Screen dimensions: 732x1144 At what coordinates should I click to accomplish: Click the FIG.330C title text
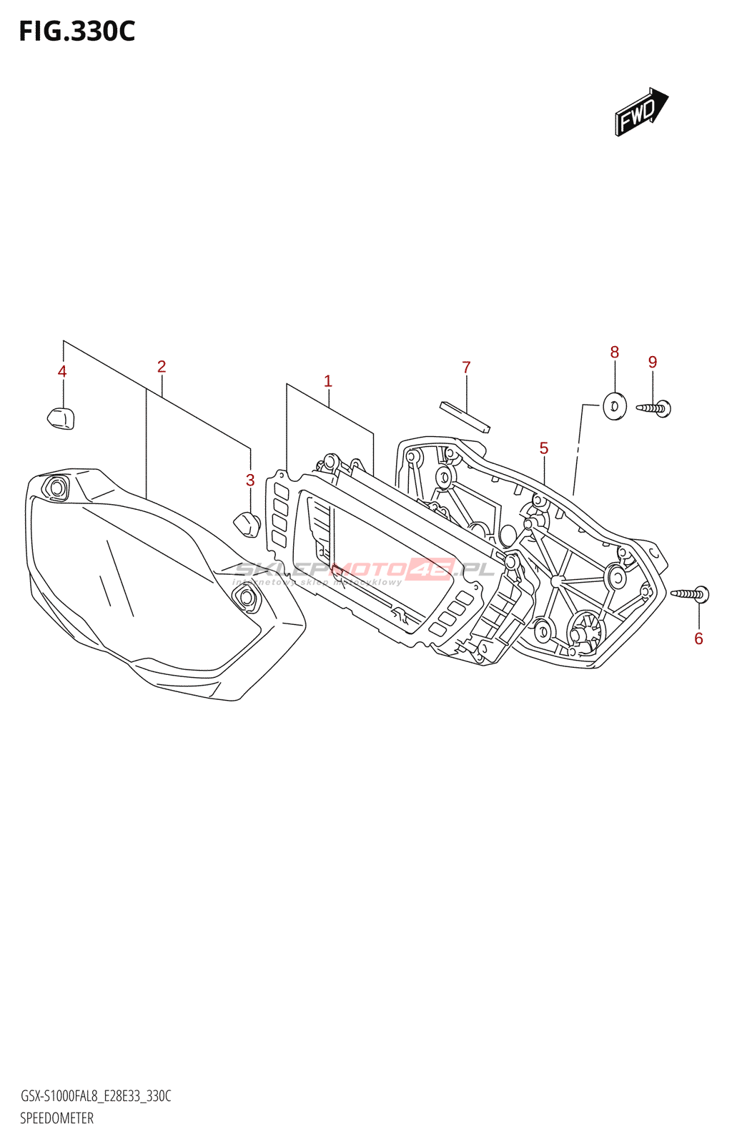76,31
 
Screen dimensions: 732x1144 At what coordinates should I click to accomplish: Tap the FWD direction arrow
640,112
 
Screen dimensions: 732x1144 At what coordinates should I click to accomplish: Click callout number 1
328,381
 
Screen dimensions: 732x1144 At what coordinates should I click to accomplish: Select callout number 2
162,367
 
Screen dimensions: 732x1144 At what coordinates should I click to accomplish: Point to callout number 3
250,480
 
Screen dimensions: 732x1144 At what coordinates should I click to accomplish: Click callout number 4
62,371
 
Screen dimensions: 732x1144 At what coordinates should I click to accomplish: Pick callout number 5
544,448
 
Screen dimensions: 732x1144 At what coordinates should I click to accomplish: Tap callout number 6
698,638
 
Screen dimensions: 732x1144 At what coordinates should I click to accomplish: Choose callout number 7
466,368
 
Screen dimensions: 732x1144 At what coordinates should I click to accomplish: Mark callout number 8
615,352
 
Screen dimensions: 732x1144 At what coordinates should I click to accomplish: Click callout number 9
653,362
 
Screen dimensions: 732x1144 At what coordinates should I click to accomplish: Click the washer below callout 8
614,407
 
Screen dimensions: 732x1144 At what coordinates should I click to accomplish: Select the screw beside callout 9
653,408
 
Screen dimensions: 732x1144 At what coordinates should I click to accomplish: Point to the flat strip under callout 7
465,417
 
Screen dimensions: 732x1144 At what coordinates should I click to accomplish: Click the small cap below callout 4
61,418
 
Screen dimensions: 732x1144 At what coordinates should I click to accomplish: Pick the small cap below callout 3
247,523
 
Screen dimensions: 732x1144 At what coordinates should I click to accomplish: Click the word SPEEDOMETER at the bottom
56,1118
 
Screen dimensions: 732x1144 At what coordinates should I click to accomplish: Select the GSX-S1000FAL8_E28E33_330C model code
95,1096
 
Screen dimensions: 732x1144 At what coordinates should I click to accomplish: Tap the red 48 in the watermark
430,569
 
